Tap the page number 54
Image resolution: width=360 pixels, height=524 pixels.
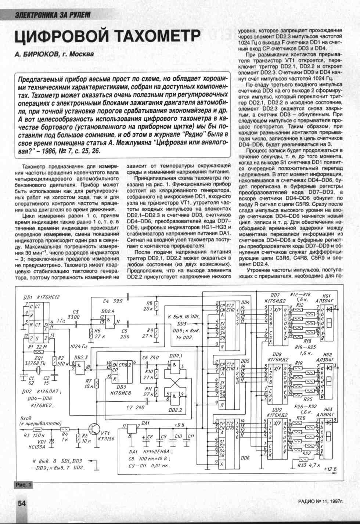coord(22,503)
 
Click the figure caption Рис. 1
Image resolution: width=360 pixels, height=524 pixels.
coord(23,485)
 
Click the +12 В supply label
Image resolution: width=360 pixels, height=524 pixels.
coord(330,469)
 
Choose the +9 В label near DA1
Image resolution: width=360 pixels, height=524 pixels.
coord(179,425)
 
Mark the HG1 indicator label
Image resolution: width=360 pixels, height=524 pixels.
coord(327,296)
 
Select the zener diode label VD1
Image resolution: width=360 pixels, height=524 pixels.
coord(42,441)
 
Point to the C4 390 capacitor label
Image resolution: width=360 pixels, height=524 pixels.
coord(113,301)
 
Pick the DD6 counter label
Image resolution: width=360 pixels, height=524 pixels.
coord(245,458)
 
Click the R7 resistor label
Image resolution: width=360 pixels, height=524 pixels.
coord(89,381)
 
